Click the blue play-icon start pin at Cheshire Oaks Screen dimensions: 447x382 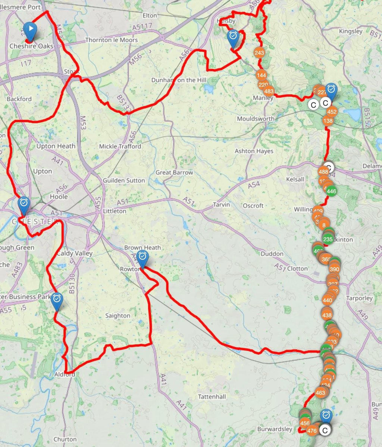[x=31, y=29]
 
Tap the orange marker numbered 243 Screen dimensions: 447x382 [x=259, y=53]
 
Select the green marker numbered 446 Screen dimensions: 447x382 [x=331, y=191]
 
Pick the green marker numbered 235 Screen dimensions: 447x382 [x=328, y=240]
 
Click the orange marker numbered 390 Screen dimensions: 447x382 [x=334, y=269]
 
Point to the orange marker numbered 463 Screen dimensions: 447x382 [x=320, y=393]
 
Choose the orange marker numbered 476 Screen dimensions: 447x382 [x=312, y=431]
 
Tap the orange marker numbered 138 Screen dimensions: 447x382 [x=328, y=121]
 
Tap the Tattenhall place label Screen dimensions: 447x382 [x=212, y=397]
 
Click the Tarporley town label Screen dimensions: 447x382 [x=359, y=298]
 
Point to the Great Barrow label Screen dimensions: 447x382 [x=174, y=172]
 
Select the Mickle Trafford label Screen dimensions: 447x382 [x=120, y=146]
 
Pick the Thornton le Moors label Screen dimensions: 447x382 [x=111, y=40]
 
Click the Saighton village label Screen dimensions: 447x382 [x=118, y=316]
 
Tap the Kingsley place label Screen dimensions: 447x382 [x=351, y=31]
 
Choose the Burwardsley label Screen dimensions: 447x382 [x=275, y=429]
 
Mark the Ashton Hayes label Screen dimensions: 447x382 [x=254, y=151]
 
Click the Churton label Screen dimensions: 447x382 [x=65, y=439]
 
